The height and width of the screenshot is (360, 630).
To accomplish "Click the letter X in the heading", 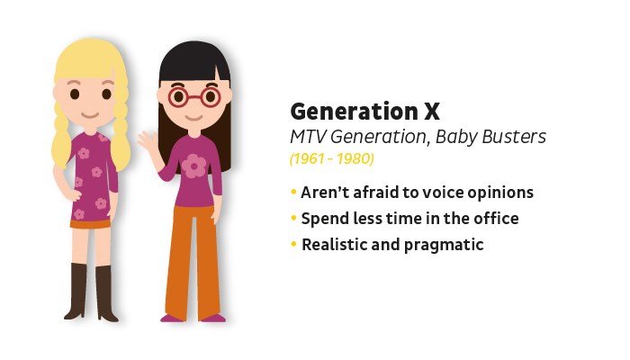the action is pos(431,112).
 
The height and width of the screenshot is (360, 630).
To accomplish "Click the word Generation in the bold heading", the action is pos(355,112).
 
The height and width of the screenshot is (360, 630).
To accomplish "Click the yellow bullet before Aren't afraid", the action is pos(293,192).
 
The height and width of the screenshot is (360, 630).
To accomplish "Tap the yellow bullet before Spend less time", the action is pos(293,218).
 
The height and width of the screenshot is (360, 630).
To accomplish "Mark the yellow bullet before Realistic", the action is pos(293,244).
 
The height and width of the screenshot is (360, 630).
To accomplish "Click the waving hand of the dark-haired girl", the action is pos(145,139).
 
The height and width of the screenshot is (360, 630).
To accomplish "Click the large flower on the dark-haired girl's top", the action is pos(193,166).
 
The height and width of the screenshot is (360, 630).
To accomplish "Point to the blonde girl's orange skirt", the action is pos(91,224).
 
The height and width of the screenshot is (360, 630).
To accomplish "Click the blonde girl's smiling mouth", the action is pos(90,116).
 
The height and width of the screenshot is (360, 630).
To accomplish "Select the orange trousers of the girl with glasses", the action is pos(193,261).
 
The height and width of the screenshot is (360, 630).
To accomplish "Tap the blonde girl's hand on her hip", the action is pos(76,195).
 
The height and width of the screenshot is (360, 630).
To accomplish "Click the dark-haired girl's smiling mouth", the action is pos(193,118).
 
